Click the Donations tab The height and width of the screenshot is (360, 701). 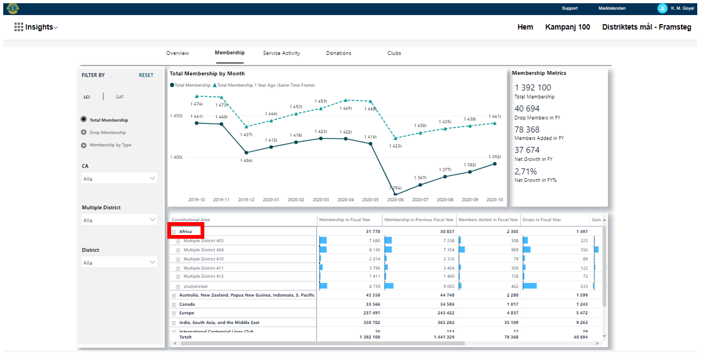[338, 53]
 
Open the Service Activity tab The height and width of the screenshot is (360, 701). [282, 53]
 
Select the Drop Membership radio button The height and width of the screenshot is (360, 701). [84, 133]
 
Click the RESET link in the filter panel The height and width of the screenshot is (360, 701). [146, 75]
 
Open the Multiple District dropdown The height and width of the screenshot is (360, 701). [119, 220]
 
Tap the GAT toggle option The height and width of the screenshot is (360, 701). [120, 97]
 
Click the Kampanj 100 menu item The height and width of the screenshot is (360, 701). [567, 27]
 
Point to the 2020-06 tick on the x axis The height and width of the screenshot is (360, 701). [395, 200]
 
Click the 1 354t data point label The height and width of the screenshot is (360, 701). [395, 188]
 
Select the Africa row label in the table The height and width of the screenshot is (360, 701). [186, 232]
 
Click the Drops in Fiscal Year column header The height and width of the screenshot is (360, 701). [541, 219]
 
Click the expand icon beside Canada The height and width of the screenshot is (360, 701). [173, 305]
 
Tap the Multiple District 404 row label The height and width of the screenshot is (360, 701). [203, 250]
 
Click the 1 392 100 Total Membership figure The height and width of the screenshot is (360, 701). [533, 87]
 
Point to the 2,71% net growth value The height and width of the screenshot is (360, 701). [526, 172]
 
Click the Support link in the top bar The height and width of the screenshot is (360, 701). [570, 8]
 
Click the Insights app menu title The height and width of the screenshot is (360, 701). [39, 27]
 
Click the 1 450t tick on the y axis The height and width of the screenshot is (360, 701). [176, 116]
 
